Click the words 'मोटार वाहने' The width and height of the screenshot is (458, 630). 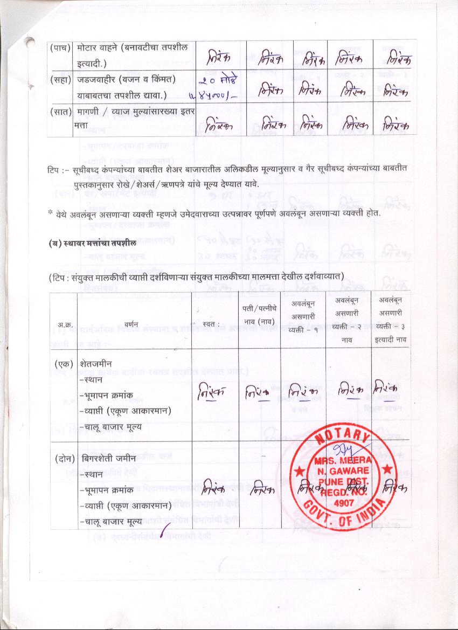(98, 47)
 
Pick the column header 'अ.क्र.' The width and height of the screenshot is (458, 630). (65, 324)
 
